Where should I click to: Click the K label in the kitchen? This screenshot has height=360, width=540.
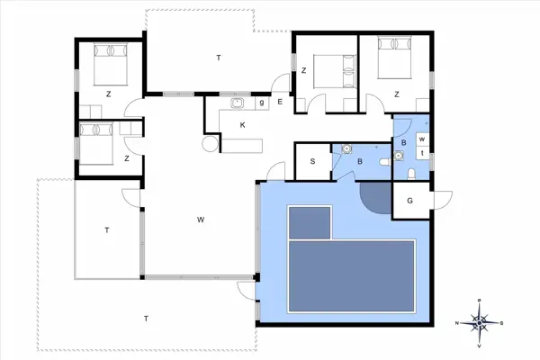[242, 125]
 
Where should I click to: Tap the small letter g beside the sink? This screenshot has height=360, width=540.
[261, 103]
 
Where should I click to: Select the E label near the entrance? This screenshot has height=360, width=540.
[280, 103]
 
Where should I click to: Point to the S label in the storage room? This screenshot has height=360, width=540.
[311, 162]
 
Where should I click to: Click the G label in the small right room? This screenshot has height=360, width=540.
[409, 202]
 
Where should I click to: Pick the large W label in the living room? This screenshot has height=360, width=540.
[202, 219]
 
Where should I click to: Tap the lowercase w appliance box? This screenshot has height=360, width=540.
[421, 139]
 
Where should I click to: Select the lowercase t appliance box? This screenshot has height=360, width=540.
[421, 154]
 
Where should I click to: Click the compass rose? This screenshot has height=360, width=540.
[482, 321]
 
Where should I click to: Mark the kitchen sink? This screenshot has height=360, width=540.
[238, 103]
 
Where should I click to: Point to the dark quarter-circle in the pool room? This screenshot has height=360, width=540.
[373, 195]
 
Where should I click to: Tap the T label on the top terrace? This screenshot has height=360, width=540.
[218, 58]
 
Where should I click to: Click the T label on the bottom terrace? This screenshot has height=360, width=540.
[145, 318]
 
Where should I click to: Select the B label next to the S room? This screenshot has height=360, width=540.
[359, 162]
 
